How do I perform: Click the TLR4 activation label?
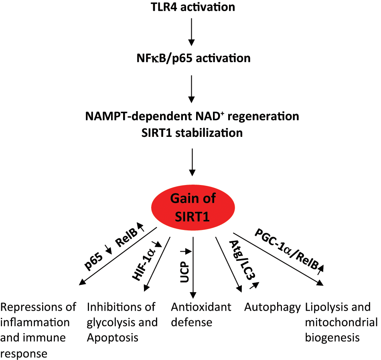click(192, 7)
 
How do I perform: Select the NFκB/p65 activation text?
click(193, 58)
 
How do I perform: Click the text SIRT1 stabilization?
click(193, 132)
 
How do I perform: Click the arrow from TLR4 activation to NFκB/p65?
click(192, 32)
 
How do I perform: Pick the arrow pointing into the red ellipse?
click(193, 162)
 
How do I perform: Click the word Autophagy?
click(272, 308)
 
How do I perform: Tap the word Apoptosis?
click(112, 337)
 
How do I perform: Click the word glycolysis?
click(108, 322)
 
